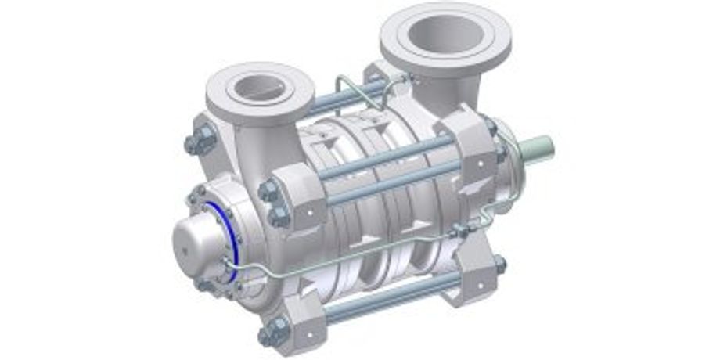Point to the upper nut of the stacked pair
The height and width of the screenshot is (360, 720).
[267, 192]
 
